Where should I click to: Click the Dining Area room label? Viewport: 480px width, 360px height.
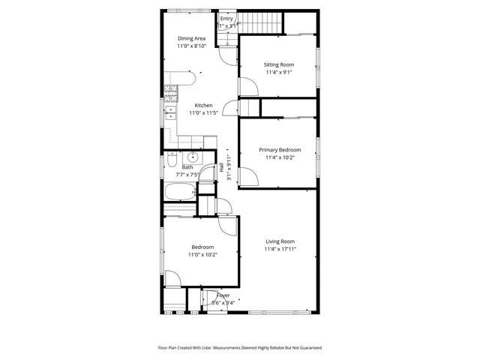(191, 38)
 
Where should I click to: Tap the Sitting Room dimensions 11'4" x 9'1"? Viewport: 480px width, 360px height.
(277, 73)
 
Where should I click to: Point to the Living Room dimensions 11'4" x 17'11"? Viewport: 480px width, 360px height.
(280, 249)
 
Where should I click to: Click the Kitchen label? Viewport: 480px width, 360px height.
(203, 105)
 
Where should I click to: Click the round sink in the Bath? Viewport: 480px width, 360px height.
(192, 157)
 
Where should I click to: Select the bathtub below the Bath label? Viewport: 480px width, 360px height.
(179, 193)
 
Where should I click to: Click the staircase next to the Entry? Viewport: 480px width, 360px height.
(266, 22)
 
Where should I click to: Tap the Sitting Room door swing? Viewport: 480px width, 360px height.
(248, 87)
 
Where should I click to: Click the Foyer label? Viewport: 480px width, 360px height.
(223, 295)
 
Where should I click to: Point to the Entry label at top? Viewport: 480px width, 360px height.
(226, 19)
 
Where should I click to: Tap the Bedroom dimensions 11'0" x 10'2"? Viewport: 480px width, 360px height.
(202, 255)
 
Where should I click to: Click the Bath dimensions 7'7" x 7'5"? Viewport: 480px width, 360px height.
(187, 175)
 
